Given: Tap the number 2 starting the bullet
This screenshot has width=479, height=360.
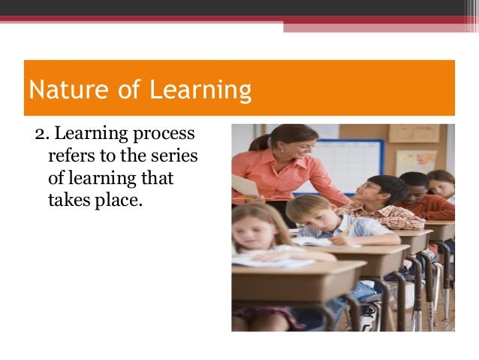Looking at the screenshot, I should pyautogui.click(x=39, y=135).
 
